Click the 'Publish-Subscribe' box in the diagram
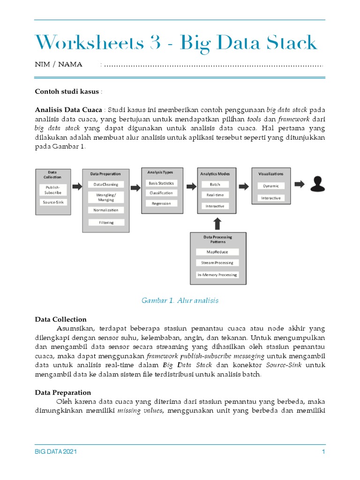(53, 189)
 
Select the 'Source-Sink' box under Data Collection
(53, 202)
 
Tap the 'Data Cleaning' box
(106, 185)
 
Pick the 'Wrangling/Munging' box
(106, 197)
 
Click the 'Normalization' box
(106, 210)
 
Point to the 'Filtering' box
(106, 223)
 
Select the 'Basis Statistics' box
(161, 183)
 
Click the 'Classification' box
(161, 193)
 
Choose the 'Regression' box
(161, 203)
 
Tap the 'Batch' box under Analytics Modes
(215, 185)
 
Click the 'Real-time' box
(215, 195)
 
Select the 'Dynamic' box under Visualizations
(270, 186)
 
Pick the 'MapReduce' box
(217, 252)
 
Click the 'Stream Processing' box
(217, 263)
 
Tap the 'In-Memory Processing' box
(217, 275)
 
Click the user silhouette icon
(318, 184)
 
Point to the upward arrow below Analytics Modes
(216, 222)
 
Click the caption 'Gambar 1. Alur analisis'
(180, 300)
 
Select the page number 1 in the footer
(323, 452)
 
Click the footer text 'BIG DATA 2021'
(56, 452)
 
